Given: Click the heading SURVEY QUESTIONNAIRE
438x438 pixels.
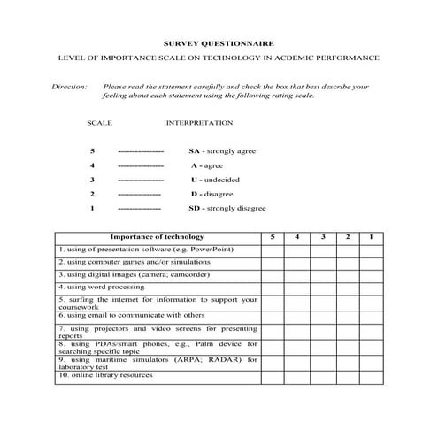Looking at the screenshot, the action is pyautogui.click(x=219, y=42).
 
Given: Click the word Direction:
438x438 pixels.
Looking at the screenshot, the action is pyautogui.click(x=70, y=88).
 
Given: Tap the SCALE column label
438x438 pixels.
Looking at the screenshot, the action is pyautogui.click(x=100, y=123).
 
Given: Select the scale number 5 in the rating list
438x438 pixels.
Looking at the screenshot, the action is pyautogui.click(x=92, y=151).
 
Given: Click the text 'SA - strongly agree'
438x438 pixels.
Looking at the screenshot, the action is pyautogui.click(x=221, y=151).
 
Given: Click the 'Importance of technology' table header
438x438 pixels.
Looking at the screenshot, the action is pyautogui.click(x=157, y=237).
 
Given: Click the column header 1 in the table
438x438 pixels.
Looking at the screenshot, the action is pyautogui.click(x=372, y=237).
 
